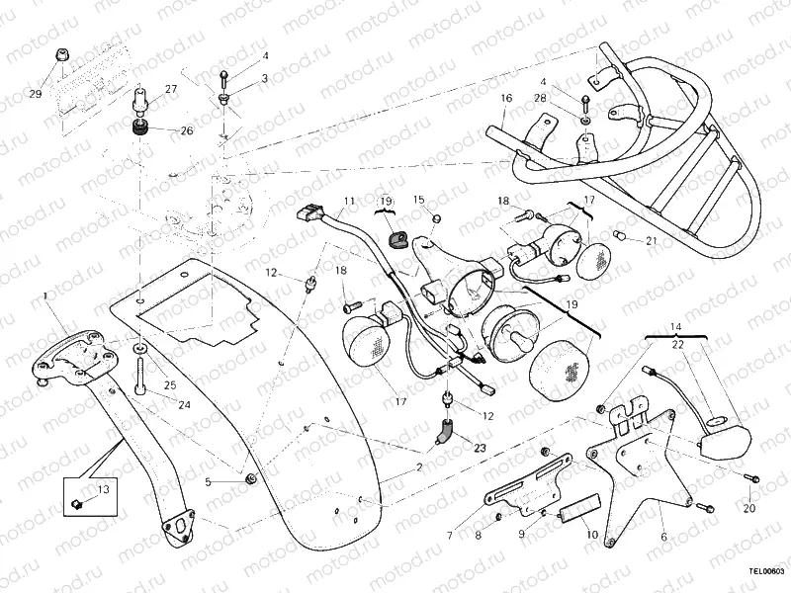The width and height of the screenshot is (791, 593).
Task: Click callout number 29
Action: (x=36, y=94)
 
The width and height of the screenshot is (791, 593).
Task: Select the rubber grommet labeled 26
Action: (x=139, y=128)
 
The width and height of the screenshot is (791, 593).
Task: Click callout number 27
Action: (x=171, y=90)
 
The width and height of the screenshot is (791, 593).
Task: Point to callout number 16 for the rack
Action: (x=505, y=98)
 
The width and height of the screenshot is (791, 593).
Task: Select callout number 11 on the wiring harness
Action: (x=348, y=202)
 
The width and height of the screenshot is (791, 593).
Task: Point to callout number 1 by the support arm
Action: (x=44, y=296)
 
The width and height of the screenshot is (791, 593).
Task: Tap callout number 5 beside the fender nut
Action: (x=208, y=481)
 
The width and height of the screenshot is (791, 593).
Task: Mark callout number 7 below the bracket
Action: (x=449, y=536)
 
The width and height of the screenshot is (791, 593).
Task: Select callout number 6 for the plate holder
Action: (x=663, y=536)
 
